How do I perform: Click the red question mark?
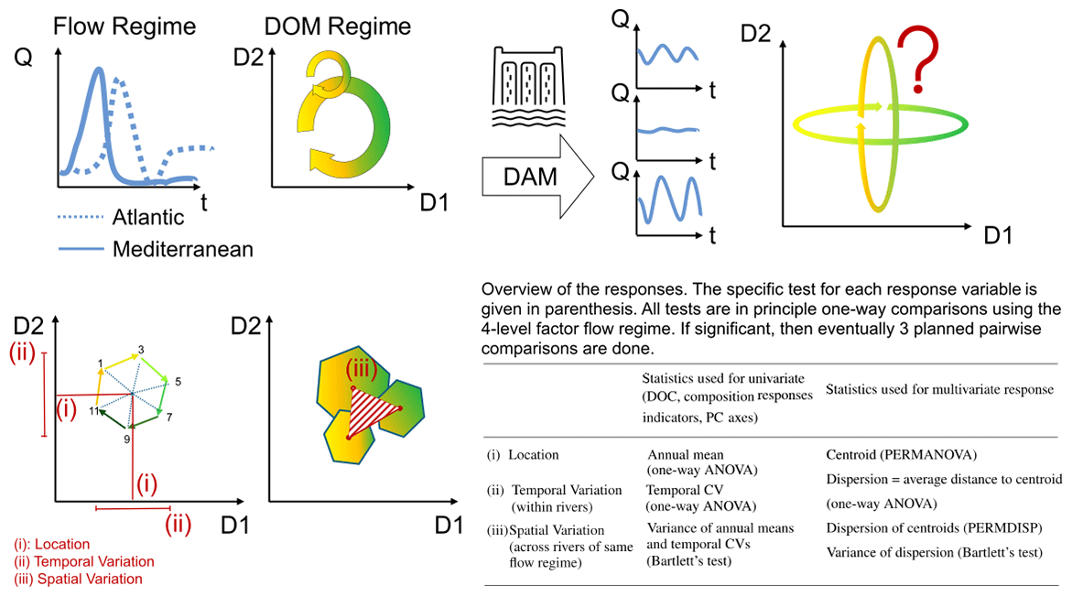918,58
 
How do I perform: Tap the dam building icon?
528,87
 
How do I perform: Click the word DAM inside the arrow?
530,177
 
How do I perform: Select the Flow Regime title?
125,27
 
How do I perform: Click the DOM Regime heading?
338,27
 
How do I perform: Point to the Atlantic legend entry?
121,217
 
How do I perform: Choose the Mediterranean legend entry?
156,249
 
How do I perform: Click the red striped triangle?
372,412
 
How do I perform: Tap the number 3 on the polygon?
141,350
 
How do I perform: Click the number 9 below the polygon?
126,439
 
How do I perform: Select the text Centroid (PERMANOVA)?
901,454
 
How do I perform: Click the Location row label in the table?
523,454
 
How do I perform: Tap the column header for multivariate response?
939,389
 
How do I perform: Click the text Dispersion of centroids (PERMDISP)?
934,527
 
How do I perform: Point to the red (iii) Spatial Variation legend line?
78,579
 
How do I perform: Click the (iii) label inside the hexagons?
361,370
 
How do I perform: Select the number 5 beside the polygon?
178,382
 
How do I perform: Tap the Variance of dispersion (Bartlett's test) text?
934,552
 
